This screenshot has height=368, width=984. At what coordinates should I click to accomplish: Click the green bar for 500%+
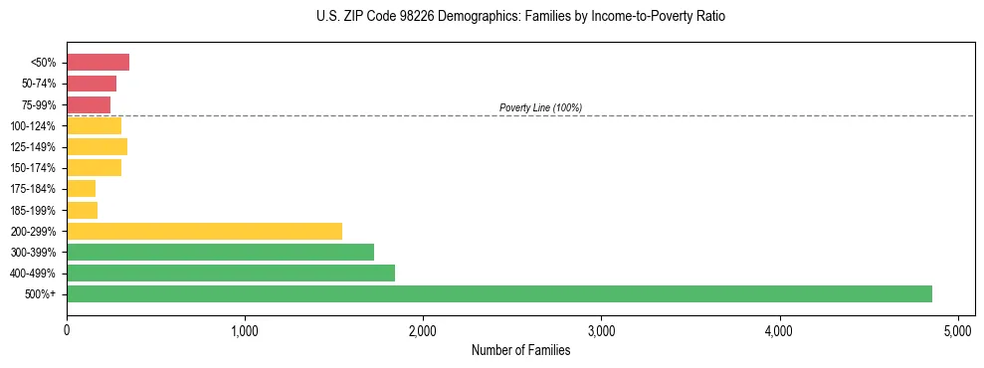pos(498,293)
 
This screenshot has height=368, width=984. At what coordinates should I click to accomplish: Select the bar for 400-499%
pos(231,273)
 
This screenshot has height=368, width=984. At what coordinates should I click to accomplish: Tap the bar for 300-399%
pos(220,252)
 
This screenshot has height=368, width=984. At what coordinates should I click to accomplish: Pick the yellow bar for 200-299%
pos(204,231)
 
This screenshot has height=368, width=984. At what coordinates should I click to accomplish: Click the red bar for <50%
pos(98,63)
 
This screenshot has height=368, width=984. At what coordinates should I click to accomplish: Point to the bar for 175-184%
pos(81,188)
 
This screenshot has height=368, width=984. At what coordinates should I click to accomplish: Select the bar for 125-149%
pos(97,146)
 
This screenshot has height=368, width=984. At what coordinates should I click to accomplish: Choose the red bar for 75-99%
pos(89,104)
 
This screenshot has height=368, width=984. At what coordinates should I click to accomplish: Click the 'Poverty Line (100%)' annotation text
pos(540,107)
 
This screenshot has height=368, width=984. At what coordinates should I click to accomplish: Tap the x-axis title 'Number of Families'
pos(520,350)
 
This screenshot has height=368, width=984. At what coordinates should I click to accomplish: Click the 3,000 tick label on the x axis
pos(601,330)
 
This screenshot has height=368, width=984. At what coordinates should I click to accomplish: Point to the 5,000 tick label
pos(957,330)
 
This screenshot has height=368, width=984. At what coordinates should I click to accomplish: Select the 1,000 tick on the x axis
pos(245,330)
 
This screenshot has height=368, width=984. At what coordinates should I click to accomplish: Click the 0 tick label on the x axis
pos(67,330)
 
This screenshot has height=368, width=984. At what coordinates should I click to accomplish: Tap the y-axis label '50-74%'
pos(39,84)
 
